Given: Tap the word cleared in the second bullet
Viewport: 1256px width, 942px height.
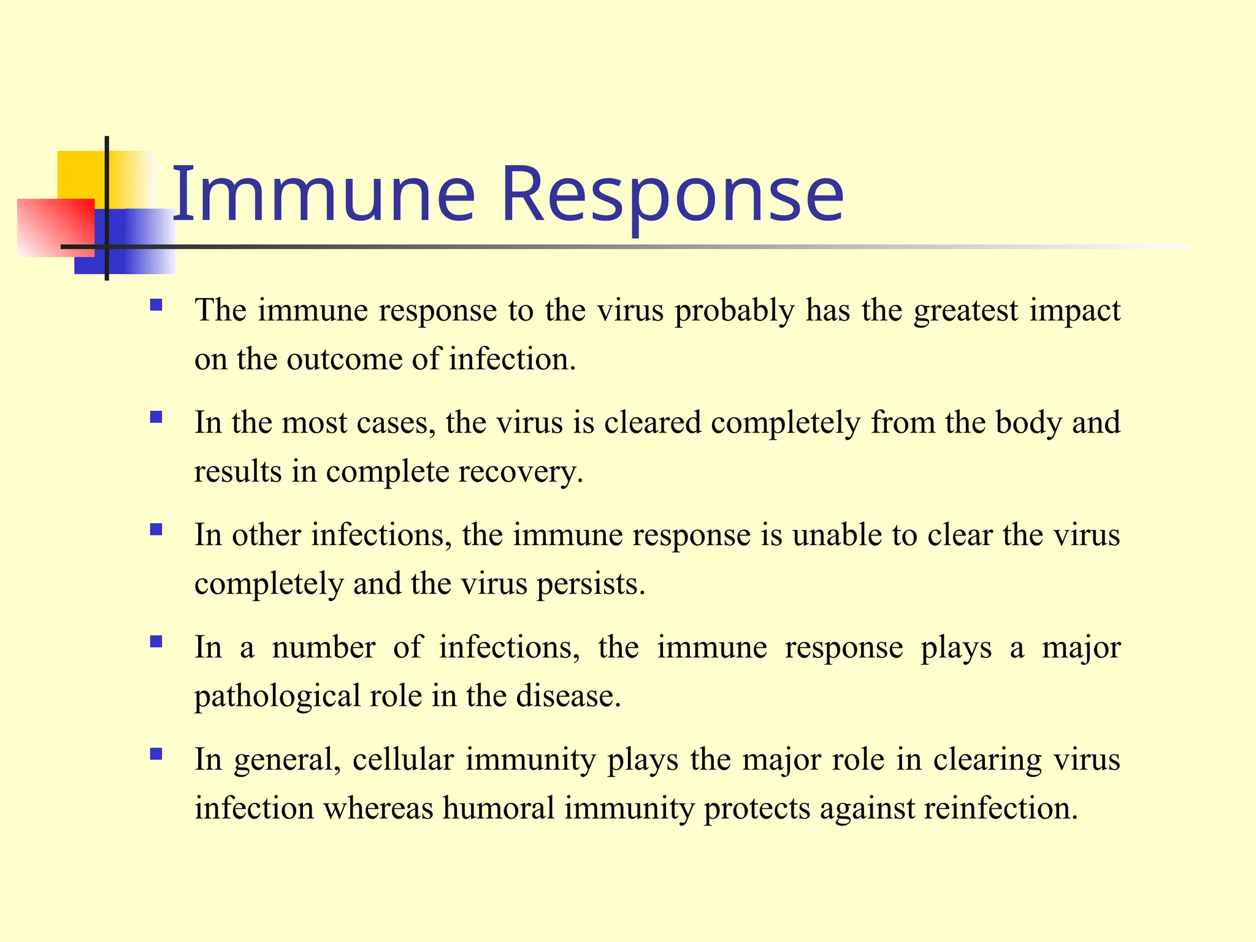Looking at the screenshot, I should click(x=652, y=423).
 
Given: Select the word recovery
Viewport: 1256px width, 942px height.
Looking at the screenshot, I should click(x=520, y=472).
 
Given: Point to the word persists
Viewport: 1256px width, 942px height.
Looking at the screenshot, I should click(x=591, y=584).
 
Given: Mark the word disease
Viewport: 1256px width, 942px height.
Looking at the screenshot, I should click(x=568, y=697).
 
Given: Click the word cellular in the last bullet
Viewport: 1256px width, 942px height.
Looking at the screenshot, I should click(x=403, y=760).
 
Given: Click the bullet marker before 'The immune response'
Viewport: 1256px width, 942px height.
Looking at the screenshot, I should click(x=156, y=305).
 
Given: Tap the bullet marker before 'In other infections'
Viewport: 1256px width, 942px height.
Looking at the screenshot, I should click(x=156, y=529).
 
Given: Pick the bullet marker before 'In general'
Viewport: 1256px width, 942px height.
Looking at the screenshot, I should click(x=156, y=754).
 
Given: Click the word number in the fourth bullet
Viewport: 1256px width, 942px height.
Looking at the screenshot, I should click(x=323, y=648).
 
